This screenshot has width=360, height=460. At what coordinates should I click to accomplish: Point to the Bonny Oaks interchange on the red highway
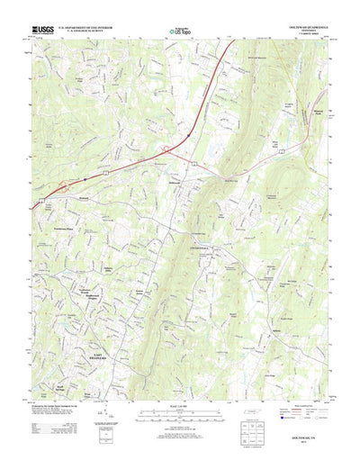pyautogui.click(x=61, y=186)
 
